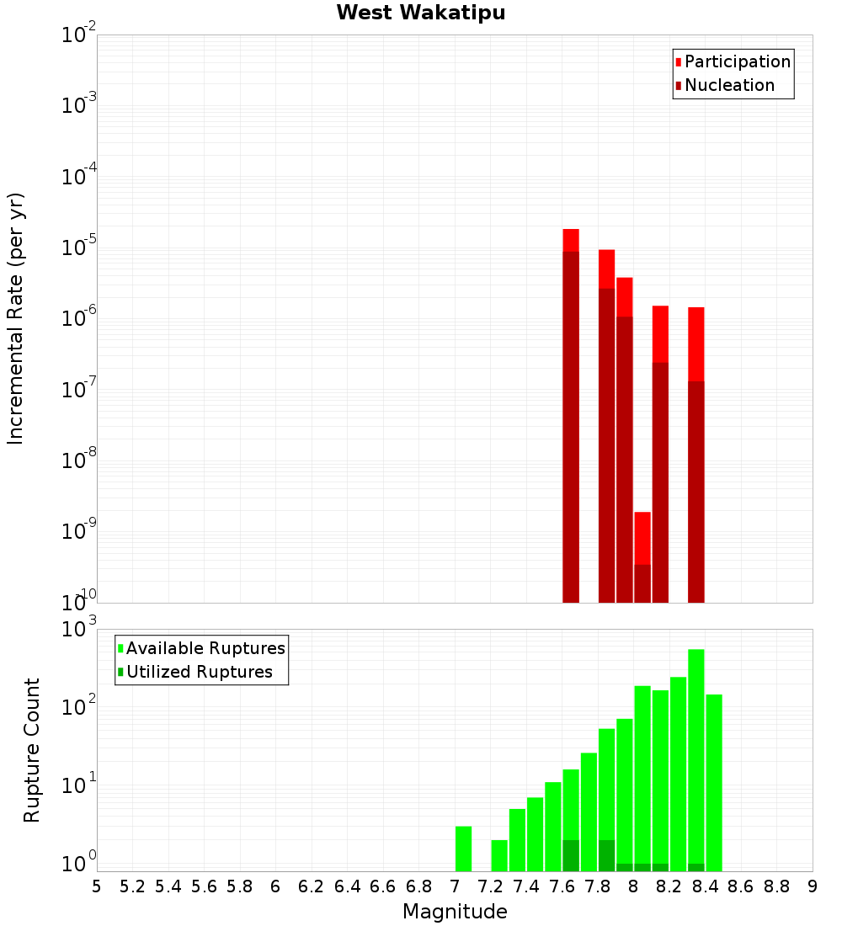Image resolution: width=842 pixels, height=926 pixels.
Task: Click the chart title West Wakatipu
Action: (421, 13)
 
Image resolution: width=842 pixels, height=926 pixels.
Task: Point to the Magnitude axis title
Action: (455, 912)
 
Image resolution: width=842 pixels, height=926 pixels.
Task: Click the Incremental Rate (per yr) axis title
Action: (16, 318)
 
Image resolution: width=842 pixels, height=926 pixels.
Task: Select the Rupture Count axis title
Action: (32, 750)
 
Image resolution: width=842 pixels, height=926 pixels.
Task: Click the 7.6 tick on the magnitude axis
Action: (562, 886)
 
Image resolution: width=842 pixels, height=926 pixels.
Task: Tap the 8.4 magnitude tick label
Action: (706, 886)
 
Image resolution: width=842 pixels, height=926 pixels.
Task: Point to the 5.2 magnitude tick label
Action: (133, 886)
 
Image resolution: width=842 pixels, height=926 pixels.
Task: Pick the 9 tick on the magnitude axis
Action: (813, 886)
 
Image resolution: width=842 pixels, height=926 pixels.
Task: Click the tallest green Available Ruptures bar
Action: (696, 758)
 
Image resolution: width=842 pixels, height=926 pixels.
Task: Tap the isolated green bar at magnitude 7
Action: (463, 849)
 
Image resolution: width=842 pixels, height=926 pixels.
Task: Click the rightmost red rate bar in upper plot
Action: (696, 455)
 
